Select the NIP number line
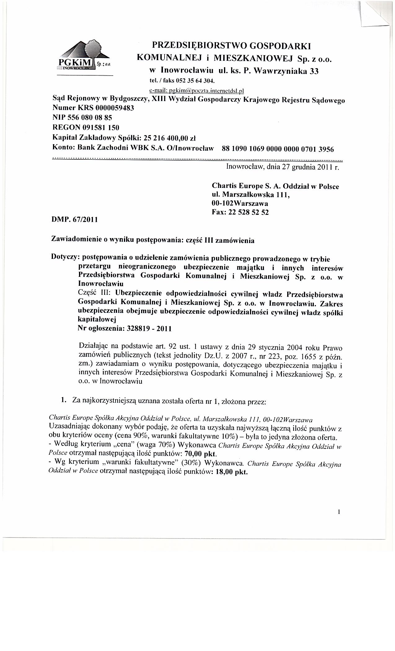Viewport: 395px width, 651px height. (82, 118)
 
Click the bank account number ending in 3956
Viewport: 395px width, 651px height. (278, 149)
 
